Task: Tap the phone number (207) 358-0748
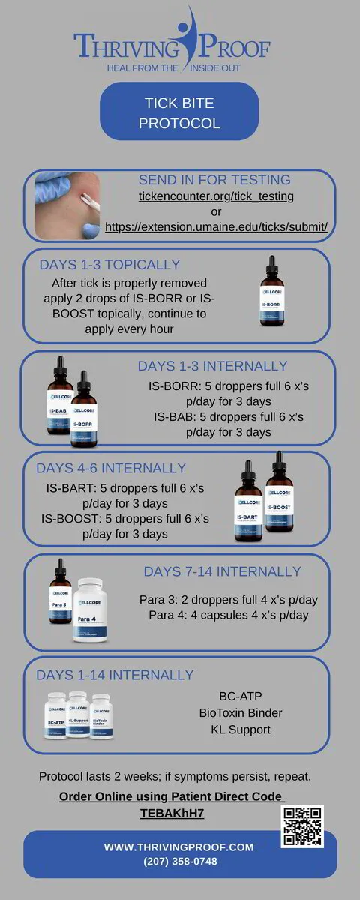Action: (x=180, y=862)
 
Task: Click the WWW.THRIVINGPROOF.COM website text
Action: (x=178, y=847)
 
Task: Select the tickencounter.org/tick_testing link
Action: (x=216, y=196)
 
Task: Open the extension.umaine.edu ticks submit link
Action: (x=216, y=227)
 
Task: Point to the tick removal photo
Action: (x=67, y=205)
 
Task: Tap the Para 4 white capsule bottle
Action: (x=91, y=610)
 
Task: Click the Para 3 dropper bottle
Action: (x=60, y=592)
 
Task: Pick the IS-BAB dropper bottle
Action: (x=60, y=395)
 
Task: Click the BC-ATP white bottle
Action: (x=55, y=715)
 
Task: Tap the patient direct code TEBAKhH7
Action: (x=172, y=813)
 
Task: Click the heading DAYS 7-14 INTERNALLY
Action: (x=222, y=571)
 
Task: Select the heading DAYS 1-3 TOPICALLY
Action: (x=109, y=264)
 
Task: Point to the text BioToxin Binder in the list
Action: (x=241, y=712)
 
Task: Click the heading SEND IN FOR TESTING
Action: (x=214, y=179)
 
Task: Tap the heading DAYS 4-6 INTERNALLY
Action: (x=111, y=468)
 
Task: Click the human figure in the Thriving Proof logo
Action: (x=188, y=38)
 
